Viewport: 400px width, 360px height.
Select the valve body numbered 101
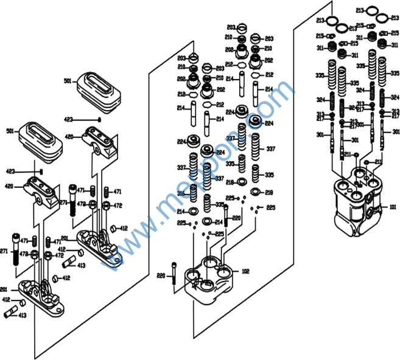coord(357,204)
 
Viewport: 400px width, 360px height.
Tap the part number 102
coord(245,271)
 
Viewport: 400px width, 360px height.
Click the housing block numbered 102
coord(211,280)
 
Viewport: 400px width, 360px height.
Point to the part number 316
coord(180,193)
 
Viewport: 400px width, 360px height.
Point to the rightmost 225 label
coord(271,207)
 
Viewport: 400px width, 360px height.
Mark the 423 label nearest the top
coord(68,119)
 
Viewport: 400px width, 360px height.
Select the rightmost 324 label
coord(395,97)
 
